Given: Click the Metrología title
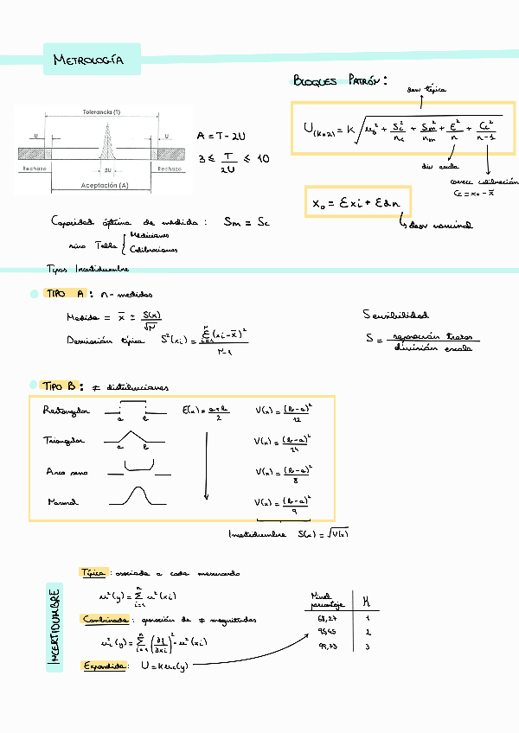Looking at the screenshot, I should pyautogui.click(x=88, y=61).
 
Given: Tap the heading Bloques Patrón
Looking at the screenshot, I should pyautogui.click(x=338, y=80).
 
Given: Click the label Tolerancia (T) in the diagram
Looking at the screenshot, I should pyautogui.click(x=102, y=112).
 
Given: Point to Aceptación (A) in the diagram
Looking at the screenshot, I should pyautogui.click(x=105, y=185).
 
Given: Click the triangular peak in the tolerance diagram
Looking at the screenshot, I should pyautogui.click(x=105, y=138).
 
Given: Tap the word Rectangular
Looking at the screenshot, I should pyautogui.click(x=66, y=411).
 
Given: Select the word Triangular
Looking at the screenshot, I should pyautogui.click(x=64, y=441).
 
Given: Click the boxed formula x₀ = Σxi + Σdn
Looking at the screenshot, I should pyautogui.click(x=357, y=203).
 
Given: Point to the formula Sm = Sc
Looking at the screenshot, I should pyautogui.click(x=247, y=222).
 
